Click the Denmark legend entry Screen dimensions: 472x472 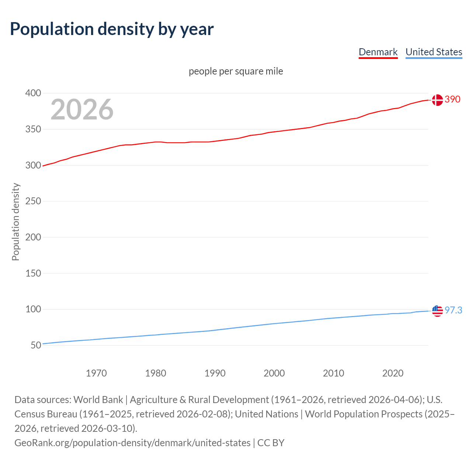378,52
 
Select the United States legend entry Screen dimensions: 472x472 434,52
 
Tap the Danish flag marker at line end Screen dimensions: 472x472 437,100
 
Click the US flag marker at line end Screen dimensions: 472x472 437,311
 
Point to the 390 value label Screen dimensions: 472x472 452,100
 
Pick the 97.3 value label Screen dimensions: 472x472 453,310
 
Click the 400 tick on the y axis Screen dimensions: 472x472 33,93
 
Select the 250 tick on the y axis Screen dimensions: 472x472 33,201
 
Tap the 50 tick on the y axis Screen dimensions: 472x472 36,346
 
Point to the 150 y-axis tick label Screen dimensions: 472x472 33,274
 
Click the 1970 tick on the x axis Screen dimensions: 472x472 96,373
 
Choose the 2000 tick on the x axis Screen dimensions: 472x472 274,373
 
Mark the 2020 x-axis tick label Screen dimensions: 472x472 393,373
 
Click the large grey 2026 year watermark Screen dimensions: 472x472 82,110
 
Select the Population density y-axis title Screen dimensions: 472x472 15,222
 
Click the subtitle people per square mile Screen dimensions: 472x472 236,71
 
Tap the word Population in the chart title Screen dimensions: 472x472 52,29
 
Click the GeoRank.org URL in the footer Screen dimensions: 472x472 132,443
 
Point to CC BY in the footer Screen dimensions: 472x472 271,443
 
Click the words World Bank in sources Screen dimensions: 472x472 98,400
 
